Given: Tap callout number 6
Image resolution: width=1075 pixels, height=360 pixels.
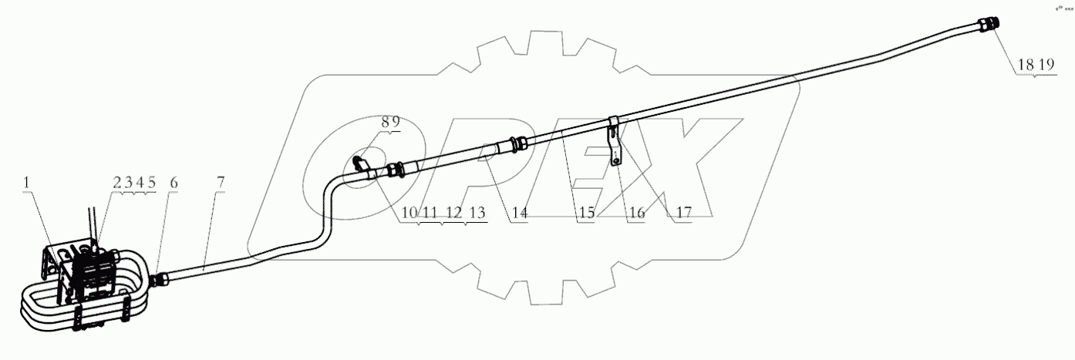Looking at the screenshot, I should (174, 183).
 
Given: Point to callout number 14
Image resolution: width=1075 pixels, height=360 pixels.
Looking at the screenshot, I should (519, 213).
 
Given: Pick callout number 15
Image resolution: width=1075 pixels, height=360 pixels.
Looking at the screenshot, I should (588, 213).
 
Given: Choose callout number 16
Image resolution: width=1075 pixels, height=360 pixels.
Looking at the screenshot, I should (636, 213).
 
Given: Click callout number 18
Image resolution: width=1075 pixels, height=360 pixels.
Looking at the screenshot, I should (1026, 66).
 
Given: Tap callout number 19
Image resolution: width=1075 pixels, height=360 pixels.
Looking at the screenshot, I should (1046, 66).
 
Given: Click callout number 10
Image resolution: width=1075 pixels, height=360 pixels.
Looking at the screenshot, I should (408, 213).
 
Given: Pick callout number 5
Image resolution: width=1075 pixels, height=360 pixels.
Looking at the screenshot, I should (152, 183).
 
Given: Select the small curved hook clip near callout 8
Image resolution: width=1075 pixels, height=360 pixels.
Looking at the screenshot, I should (359, 163).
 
